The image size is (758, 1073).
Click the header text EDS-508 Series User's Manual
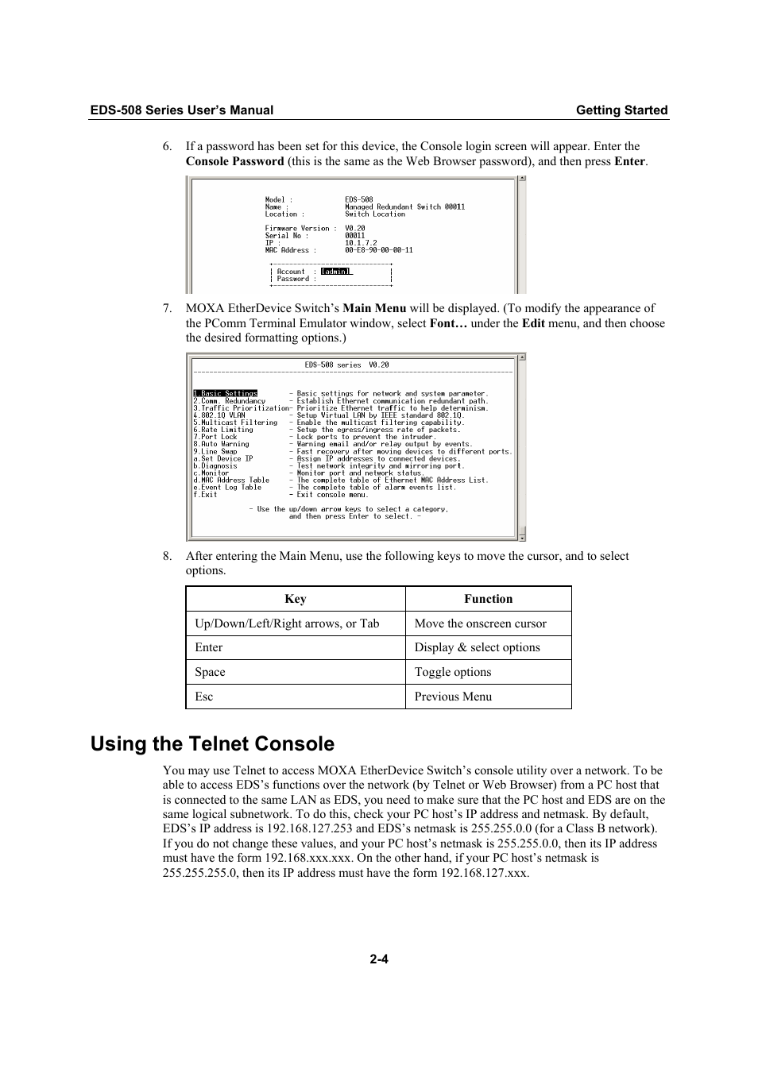pos(181,110)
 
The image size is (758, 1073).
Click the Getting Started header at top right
pos(621,110)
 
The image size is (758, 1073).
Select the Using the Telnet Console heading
pos(212,744)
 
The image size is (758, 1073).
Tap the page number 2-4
pos(379,959)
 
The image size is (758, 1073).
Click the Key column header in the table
pos(296,600)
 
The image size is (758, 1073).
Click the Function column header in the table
pos(488,600)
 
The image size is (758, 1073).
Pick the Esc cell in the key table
pos(204,697)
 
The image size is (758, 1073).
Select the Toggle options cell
pos(453,672)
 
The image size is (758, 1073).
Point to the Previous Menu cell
pos(453,697)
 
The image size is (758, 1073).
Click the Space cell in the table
pos(210,672)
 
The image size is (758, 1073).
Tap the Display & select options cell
pos(477,647)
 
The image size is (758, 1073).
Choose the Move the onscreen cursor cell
pos(480,623)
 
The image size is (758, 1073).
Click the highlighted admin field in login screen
pos(335,272)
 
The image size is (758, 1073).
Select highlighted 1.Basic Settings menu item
pos(226,394)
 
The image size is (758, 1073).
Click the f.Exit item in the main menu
pos(206,495)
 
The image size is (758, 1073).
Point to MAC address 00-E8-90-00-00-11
pos(378,250)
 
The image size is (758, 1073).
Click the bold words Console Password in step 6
pos(234,161)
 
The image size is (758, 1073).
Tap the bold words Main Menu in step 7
pos(374,308)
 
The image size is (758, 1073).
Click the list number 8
pos(167,557)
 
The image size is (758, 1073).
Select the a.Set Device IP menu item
pos(223,459)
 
